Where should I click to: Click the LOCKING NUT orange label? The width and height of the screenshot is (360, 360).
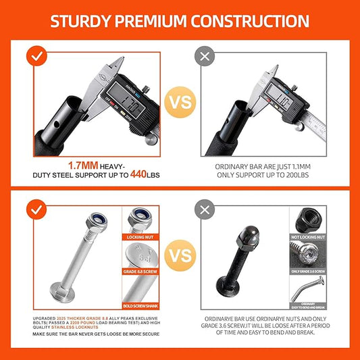140,237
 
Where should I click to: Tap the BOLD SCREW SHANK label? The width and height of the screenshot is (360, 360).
140,304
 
